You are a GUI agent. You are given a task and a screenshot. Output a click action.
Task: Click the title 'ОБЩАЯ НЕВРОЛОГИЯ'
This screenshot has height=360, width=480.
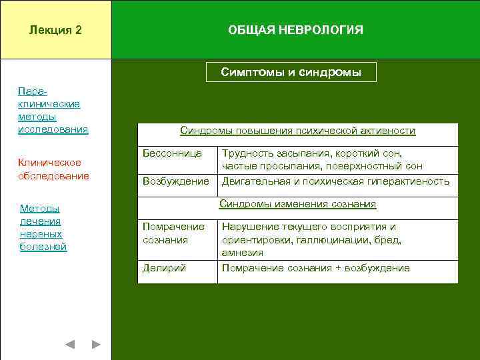click(x=295, y=31)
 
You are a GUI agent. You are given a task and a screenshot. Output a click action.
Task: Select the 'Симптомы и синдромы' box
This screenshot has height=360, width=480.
click(x=291, y=72)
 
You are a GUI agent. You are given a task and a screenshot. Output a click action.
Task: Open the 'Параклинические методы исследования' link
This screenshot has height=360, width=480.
click(x=53, y=109)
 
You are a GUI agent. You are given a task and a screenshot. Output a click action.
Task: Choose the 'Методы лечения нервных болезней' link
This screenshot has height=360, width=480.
click(x=43, y=227)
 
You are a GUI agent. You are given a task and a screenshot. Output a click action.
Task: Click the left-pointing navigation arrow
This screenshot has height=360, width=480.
click(x=70, y=344)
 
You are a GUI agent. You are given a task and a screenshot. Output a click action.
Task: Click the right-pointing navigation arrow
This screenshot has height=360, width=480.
click(x=96, y=344)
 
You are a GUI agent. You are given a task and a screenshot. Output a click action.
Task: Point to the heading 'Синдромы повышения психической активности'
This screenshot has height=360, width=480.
click(x=298, y=131)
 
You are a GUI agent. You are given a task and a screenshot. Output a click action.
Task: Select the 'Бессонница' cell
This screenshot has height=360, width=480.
click(x=172, y=153)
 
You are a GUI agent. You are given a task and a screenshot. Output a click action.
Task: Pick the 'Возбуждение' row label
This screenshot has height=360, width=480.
click(x=176, y=181)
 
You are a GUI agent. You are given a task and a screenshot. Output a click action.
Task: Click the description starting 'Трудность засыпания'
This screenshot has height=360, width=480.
click(x=322, y=159)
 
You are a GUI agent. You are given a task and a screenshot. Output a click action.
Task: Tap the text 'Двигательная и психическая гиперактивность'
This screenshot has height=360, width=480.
click(x=335, y=181)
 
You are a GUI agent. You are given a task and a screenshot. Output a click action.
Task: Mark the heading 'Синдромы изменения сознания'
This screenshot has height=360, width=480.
click(x=298, y=204)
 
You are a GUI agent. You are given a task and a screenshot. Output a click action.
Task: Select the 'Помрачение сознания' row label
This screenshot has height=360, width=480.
click(x=173, y=233)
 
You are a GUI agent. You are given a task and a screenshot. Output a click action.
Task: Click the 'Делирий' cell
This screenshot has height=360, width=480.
click(x=164, y=268)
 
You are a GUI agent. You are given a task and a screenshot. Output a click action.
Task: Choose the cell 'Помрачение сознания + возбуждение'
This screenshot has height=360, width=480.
click(x=315, y=268)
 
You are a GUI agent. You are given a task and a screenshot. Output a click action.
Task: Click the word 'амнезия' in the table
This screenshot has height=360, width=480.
click(x=243, y=253)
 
